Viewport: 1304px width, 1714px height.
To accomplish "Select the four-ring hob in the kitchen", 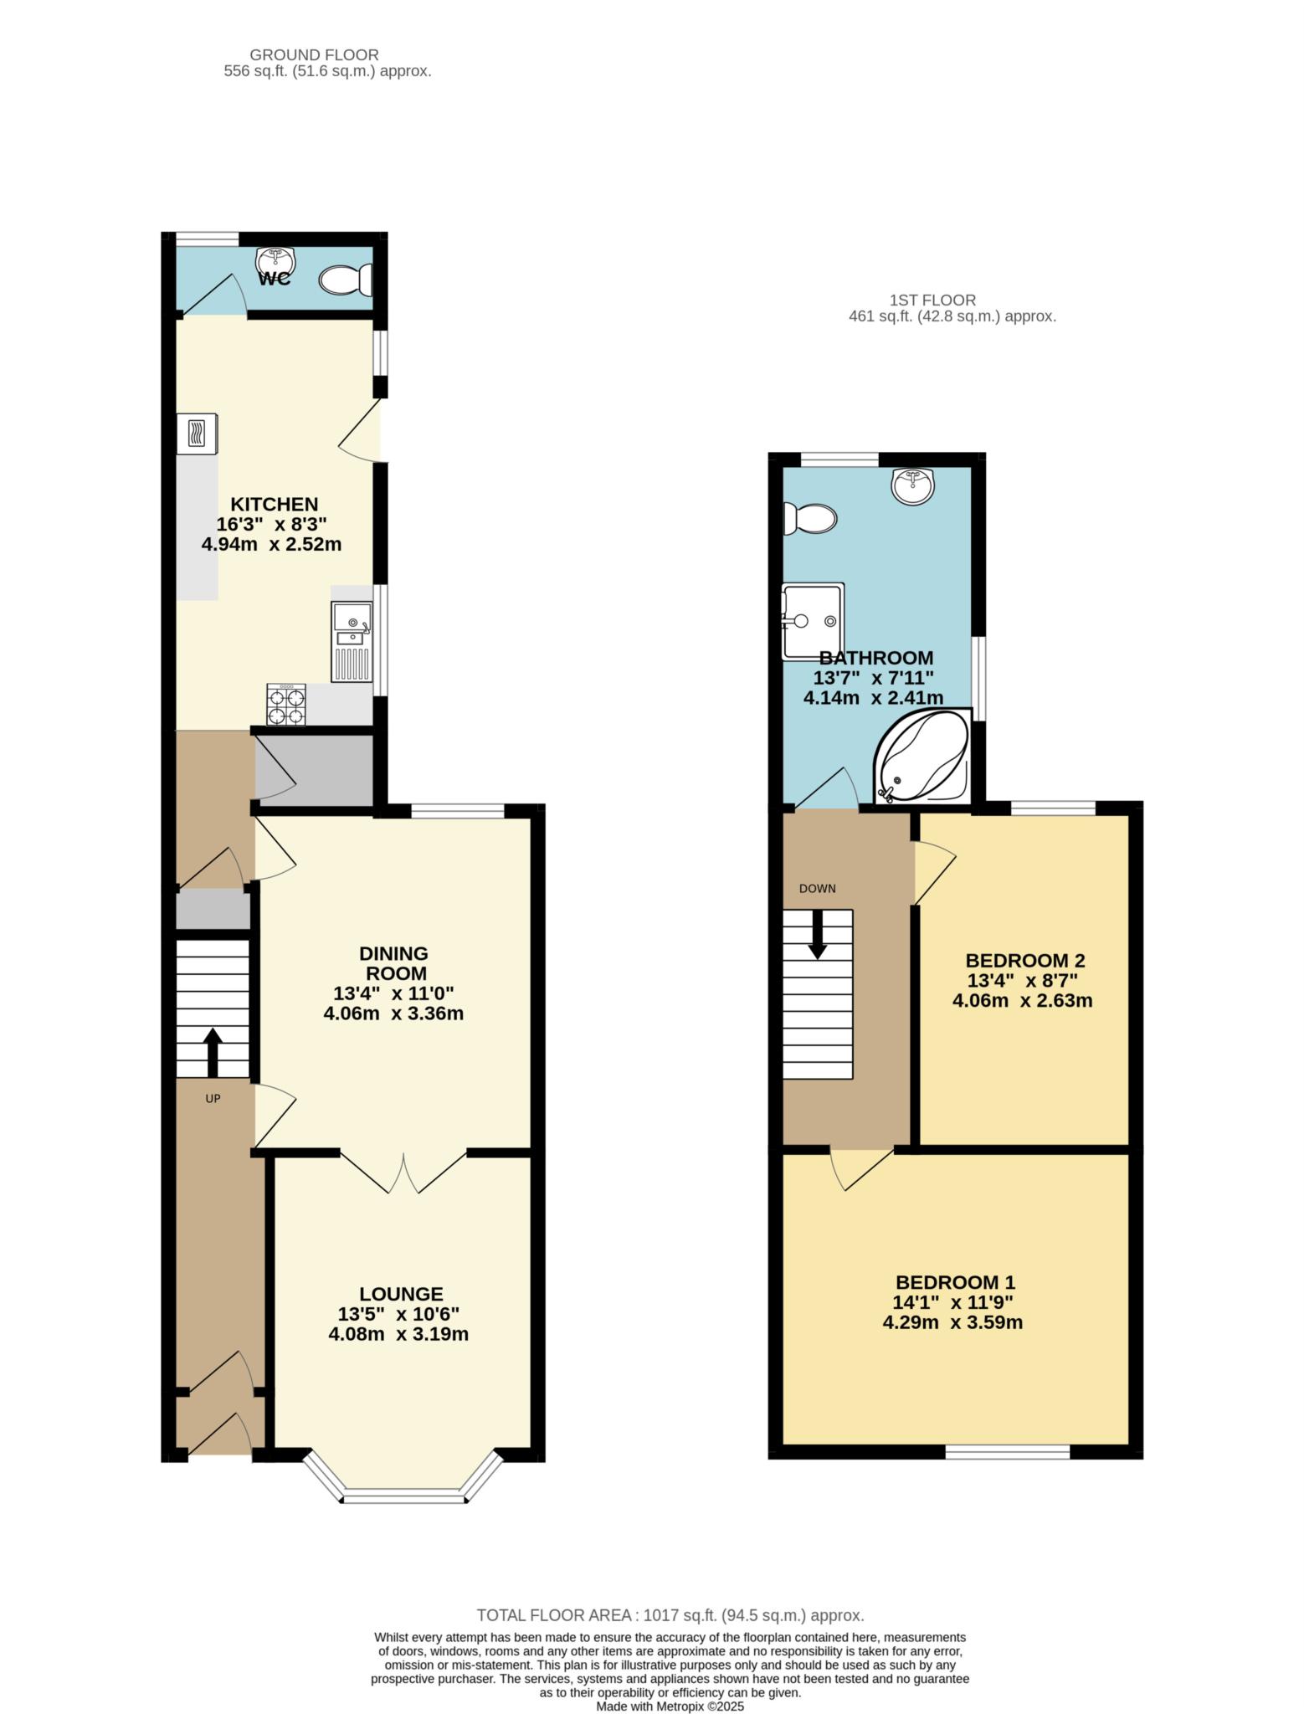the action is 286,704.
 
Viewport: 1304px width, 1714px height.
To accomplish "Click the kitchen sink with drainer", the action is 352,641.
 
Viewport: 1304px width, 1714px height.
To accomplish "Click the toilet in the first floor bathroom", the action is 809,519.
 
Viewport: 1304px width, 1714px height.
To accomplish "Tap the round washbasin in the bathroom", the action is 912,486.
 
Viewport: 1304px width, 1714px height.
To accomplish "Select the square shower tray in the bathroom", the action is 813,622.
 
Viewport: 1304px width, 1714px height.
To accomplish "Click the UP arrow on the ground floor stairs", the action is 213,1053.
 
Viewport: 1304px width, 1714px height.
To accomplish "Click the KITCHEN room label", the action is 275,504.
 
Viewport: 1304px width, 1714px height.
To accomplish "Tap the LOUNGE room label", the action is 402,1294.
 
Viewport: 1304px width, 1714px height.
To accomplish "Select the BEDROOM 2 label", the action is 1025,960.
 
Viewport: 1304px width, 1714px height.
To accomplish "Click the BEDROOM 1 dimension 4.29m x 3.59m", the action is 953,1322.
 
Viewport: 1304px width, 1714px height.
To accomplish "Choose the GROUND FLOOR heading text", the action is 314,55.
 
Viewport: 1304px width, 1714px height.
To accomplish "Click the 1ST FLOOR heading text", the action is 932,300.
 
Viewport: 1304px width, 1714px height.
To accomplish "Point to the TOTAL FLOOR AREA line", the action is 670,1615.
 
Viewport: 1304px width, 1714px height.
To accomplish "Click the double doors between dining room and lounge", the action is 403,1172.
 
